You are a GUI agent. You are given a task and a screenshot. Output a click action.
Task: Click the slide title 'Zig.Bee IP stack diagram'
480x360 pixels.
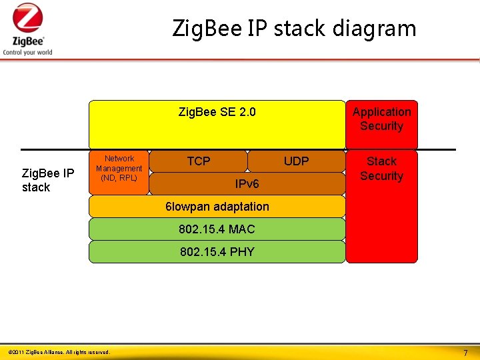click(294, 29)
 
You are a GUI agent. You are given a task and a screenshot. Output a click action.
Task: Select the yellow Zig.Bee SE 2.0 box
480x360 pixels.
click(217, 124)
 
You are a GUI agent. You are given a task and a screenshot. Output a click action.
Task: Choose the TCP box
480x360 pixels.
click(198, 161)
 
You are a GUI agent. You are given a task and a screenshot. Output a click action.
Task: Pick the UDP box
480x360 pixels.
click(296, 161)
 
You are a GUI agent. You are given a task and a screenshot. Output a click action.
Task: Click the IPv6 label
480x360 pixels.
click(247, 183)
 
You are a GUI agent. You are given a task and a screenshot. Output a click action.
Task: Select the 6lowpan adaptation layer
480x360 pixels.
click(217, 207)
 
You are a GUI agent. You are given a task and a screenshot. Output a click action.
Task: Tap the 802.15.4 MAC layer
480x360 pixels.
click(217, 229)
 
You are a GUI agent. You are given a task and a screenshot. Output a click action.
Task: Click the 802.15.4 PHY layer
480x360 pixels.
click(217, 252)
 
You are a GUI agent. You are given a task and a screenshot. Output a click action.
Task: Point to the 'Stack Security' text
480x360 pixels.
click(381, 169)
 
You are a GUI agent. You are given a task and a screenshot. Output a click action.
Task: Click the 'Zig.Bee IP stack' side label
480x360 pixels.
click(47, 181)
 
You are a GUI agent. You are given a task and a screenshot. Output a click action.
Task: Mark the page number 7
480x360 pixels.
click(465, 352)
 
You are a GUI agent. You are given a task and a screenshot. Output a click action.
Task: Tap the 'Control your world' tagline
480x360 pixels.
click(27, 53)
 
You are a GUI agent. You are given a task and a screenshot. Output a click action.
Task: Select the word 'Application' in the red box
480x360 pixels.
click(381, 112)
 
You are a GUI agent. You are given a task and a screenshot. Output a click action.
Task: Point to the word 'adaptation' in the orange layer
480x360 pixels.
click(241, 207)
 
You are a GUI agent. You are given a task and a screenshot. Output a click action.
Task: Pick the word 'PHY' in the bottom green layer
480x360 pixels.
click(242, 252)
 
